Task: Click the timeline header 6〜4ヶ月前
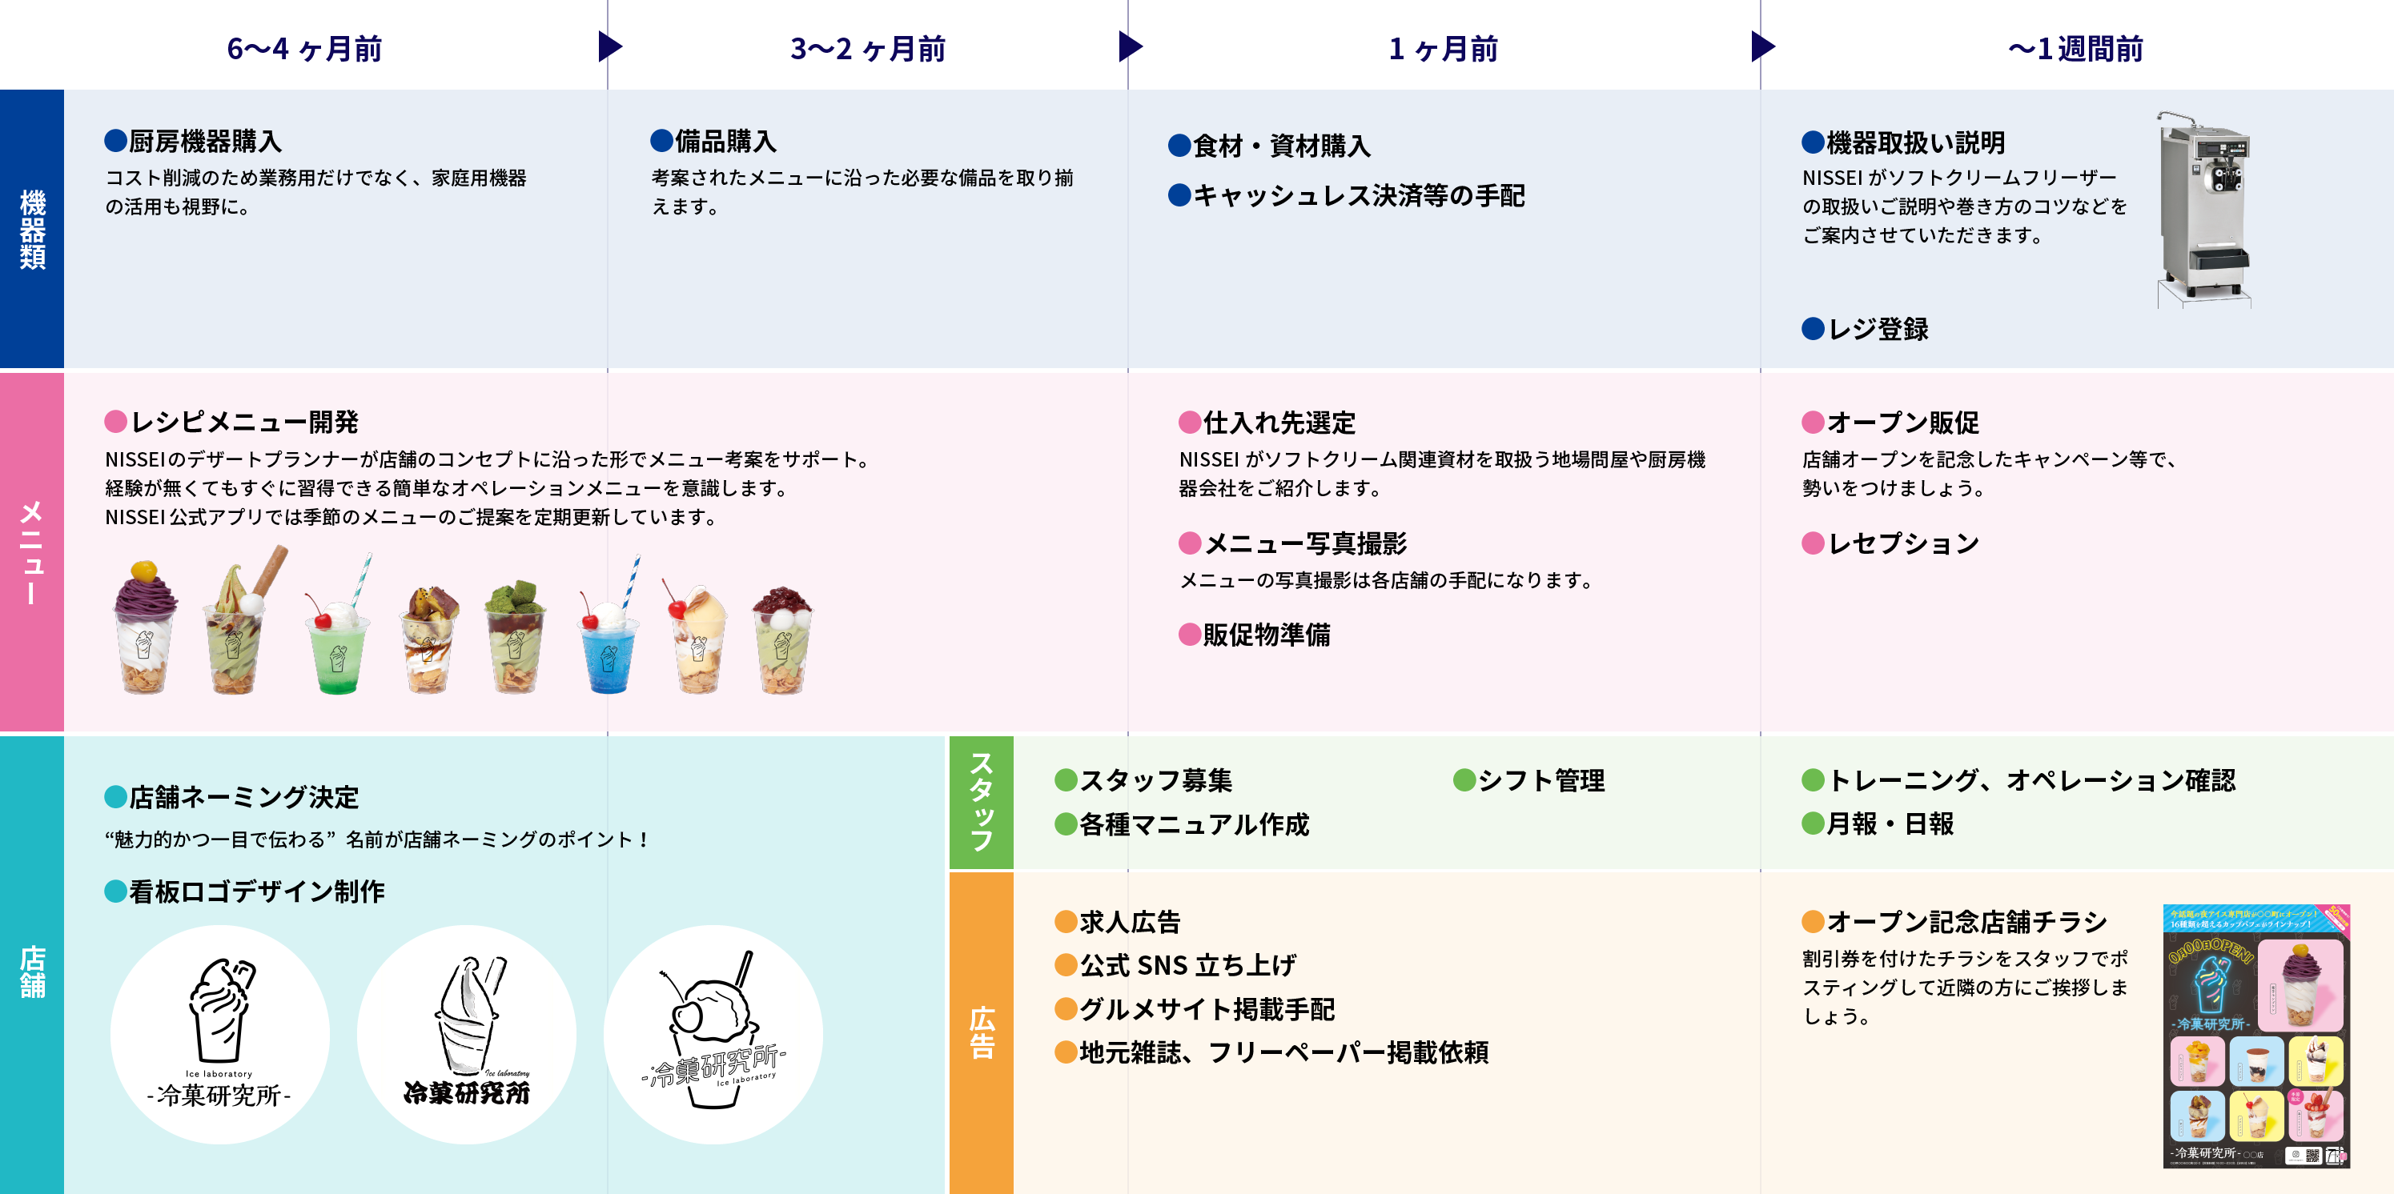tap(304, 48)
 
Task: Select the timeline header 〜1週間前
tap(2075, 48)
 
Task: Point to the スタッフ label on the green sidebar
tap(982, 802)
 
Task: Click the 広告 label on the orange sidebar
tap(982, 1032)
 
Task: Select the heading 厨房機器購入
tap(204, 141)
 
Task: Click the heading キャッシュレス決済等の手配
tap(1358, 196)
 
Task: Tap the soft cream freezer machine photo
tap(2203, 209)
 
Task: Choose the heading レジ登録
tap(1878, 329)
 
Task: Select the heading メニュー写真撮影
tap(1305, 543)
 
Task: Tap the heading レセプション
tap(1902, 543)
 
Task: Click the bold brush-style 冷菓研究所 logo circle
tap(467, 1034)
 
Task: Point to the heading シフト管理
tap(1540, 780)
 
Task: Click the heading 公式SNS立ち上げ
tap(1187, 965)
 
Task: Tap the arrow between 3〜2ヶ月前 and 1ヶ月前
tap(1130, 46)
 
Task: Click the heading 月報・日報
tap(1890, 824)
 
